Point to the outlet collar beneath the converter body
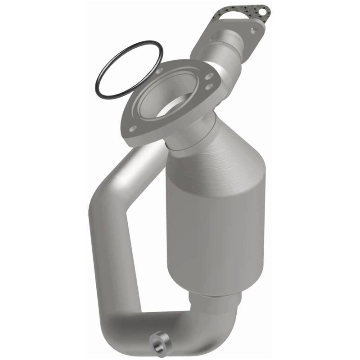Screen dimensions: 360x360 [x=216, y=299]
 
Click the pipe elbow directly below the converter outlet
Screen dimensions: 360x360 [x=211, y=324]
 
